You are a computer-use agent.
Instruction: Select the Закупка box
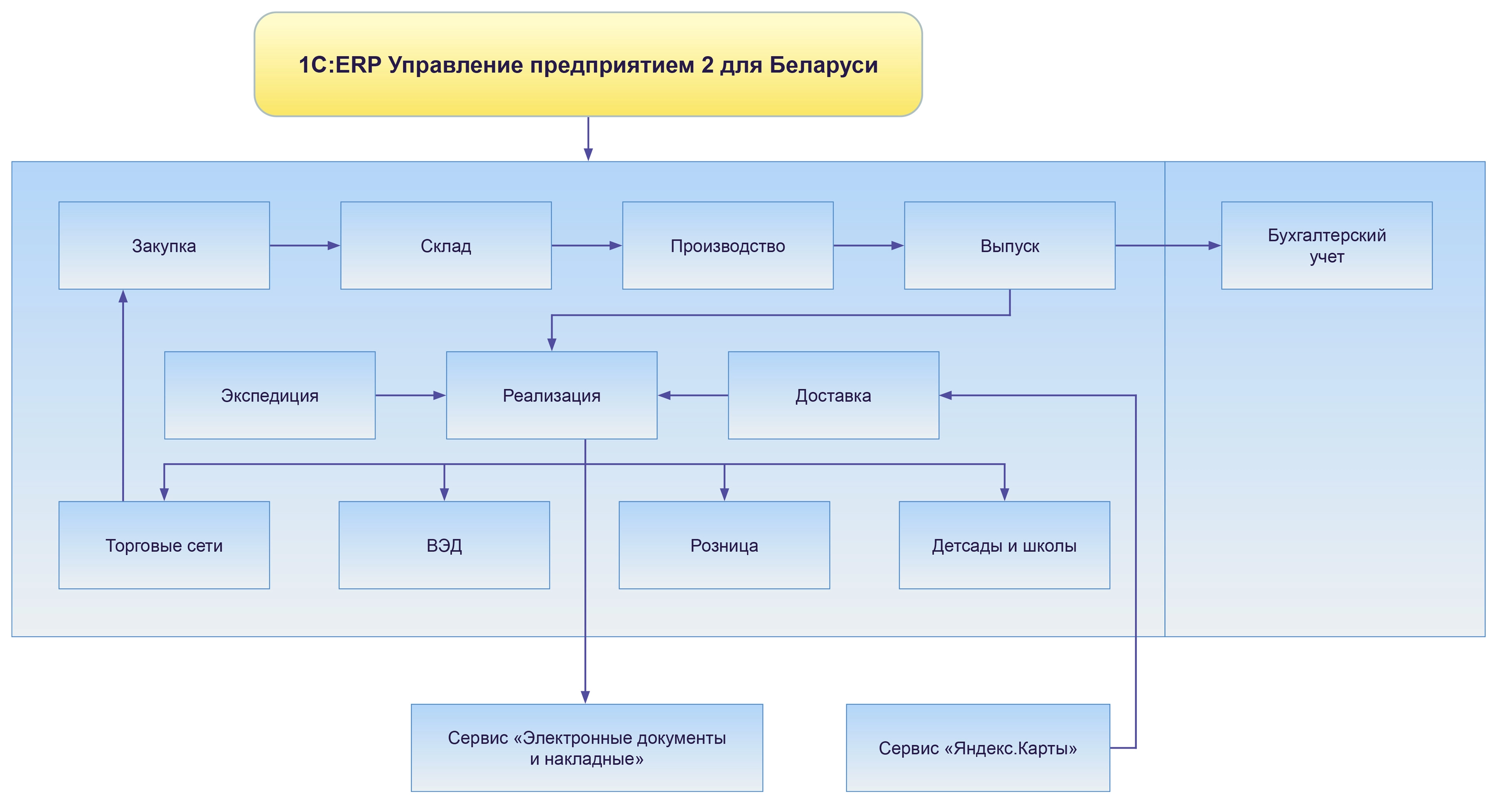click(164, 246)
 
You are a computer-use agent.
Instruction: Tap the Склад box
click(446, 246)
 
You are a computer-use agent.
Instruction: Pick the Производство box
click(728, 246)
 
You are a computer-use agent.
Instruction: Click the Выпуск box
click(1009, 246)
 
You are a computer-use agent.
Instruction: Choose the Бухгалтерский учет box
click(1327, 246)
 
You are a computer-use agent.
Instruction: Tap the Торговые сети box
click(164, 546)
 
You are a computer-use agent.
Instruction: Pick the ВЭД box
click(444, 546)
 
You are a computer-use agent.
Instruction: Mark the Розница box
click(724, 546)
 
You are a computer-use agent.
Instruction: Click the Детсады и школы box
click(1004, 546)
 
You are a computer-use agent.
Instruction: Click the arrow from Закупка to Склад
click(305, 246)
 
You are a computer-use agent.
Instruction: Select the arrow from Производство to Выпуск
click(868, 246)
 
